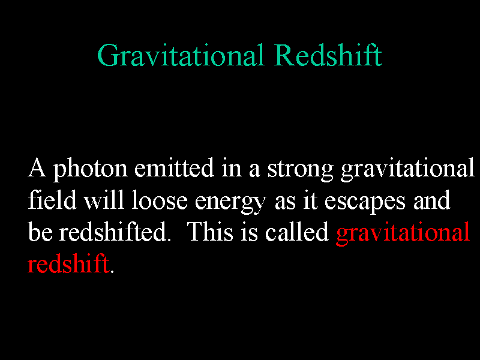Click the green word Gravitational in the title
(x=181, y=55)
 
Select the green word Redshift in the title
(x=328, y=55)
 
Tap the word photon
(x=91, y=169)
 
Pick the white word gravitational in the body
(x=407, y=169)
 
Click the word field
(x=52, y=200)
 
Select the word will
(x=104, y=200)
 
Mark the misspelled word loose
(x=160, y=200)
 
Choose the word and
(x=432, y=200)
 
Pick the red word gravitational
(x=403, y=233)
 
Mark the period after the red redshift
(x=112, y=271)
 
